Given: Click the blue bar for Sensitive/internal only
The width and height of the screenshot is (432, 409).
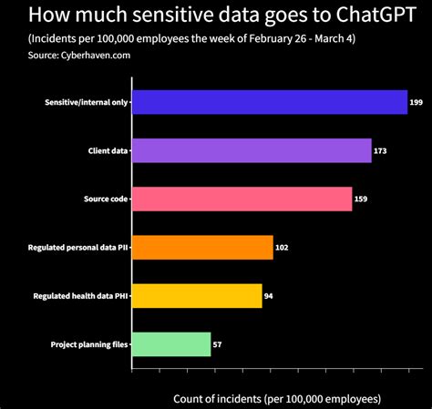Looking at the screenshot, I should (270, 103).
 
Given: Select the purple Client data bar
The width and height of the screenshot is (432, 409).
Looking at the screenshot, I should (252, 150).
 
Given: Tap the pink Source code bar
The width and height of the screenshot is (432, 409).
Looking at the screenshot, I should (242, 199).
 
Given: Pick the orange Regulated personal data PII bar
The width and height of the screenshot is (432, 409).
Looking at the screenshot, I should (202, 247).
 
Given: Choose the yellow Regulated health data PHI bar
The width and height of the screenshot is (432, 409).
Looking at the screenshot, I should (197, 296).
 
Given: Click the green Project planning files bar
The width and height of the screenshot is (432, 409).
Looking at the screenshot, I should (171, 344).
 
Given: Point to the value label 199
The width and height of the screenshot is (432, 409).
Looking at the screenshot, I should (416, 103).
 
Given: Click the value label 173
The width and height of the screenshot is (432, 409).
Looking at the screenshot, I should (380, 151).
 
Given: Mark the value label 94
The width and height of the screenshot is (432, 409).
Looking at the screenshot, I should (269, 296).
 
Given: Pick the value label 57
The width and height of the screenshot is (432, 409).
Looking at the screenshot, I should (218, 344).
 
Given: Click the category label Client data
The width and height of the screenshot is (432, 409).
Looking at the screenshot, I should (107, 151).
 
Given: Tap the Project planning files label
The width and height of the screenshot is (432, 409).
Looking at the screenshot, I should (89, 344).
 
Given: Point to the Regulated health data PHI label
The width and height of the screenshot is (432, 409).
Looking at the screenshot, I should (80, 296).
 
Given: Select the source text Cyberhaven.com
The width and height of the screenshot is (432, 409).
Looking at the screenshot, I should (83, 55).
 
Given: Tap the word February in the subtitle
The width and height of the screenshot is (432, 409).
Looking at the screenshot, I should (261, 39).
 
